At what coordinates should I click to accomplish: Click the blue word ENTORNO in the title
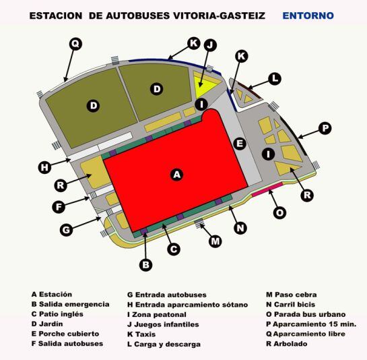(308, 16)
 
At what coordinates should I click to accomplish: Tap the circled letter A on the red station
(176, 175)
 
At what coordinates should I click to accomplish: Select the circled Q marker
(75, 44)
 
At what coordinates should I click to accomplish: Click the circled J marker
(210, 44)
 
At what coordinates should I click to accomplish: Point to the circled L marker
(275, 79)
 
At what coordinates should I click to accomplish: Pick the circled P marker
(325, 128)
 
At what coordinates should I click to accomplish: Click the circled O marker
(279, 213)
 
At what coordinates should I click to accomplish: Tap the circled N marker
(240, 228)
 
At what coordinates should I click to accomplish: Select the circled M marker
(215, 241)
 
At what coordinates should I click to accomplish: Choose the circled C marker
(174, 249)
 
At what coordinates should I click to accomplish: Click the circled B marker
(145, 265)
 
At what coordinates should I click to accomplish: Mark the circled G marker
(66, 230)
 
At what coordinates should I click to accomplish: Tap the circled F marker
(59, 207)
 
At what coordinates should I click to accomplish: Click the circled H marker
(44, 168)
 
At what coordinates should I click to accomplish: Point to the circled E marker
(240, 144)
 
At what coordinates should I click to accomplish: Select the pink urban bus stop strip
(267, 189)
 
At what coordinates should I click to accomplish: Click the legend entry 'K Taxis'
(141, 334)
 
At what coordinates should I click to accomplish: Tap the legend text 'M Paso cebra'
(292, 295)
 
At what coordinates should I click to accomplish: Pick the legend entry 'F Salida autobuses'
(67, 344)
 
